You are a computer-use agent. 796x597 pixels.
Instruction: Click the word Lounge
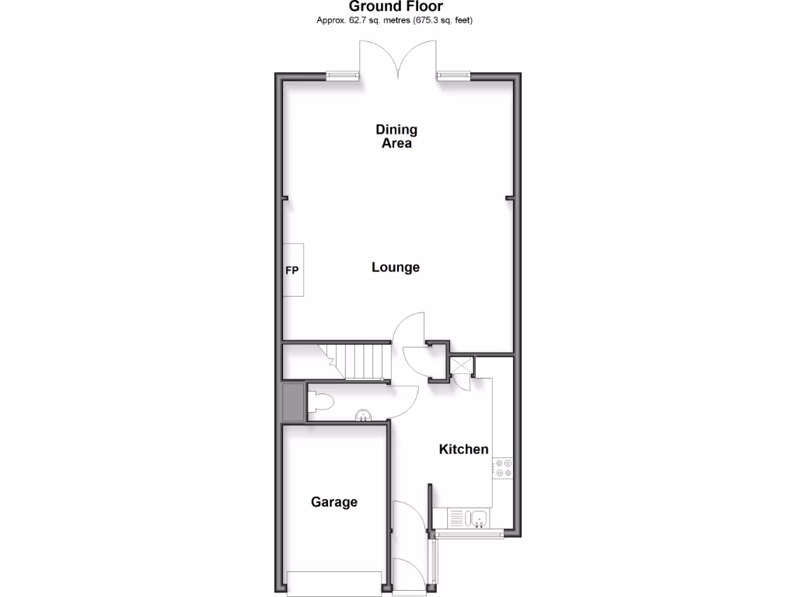coord(396,267)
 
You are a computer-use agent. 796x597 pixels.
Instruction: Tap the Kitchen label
coord(464,449)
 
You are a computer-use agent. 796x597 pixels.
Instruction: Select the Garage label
coord(334,502)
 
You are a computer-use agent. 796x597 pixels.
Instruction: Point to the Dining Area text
coord(396,136)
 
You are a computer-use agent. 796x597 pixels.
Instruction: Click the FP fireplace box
coord(293,271)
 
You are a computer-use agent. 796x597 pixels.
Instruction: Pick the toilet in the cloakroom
coord(321,401)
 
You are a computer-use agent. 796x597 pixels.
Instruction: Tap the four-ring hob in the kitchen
coord(503,468)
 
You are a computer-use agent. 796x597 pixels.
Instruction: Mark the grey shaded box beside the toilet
coord(294,401)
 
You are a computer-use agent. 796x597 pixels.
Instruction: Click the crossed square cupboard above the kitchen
coord(461,365)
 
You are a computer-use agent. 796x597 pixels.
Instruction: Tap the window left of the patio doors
coord(342,75)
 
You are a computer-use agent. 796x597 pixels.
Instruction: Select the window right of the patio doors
coord(453,75)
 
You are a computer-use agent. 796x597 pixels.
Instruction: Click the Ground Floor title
coord(396,7)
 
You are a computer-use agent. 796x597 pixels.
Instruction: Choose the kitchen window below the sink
coord(472,534)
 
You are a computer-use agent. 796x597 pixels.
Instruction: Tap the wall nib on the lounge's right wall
coord(510,198)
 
